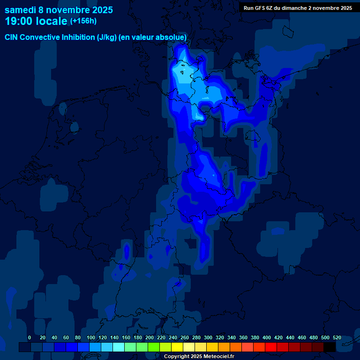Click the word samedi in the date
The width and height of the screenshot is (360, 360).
21,10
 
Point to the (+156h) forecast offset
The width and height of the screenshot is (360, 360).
83,21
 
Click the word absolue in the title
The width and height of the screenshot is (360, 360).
171,37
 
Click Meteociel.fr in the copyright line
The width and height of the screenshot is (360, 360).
217,357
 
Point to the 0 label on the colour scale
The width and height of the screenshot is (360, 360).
30,337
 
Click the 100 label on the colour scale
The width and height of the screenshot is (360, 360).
91,337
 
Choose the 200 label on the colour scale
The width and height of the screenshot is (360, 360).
150,337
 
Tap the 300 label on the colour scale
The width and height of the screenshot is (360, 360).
208,337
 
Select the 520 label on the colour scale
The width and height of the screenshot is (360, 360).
337,337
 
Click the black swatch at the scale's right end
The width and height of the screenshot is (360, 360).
330,347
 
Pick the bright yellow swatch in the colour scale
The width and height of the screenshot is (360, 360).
177,347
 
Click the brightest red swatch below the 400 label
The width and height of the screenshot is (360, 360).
271,347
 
